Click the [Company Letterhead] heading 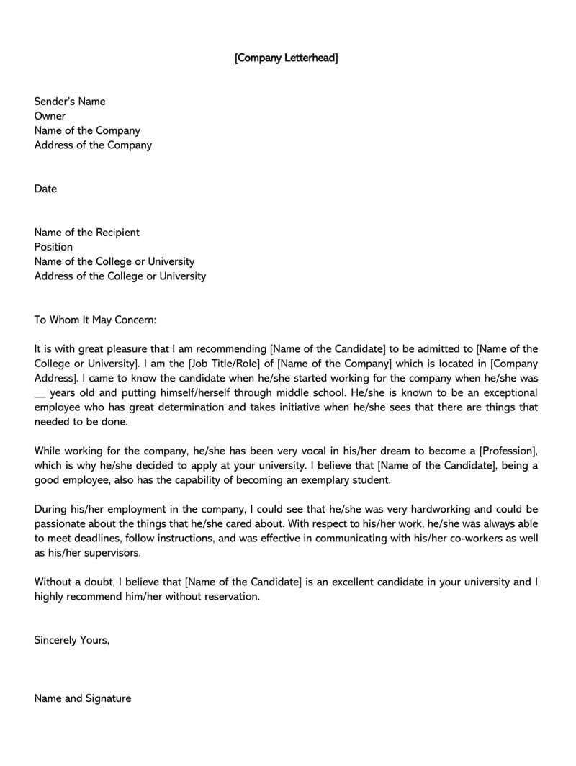pos(286,58)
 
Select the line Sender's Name pos(69,102)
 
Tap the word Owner pos(50,116)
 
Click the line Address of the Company pos(93,145)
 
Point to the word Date pos(45,189)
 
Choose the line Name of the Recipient pos(86,233)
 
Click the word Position pos(53,247)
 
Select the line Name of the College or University pos(114,261)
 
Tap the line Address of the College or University pos(120,276)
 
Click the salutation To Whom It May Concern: pos(94,320)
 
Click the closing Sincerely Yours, pos(72,640)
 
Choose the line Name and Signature pos(83,698)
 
